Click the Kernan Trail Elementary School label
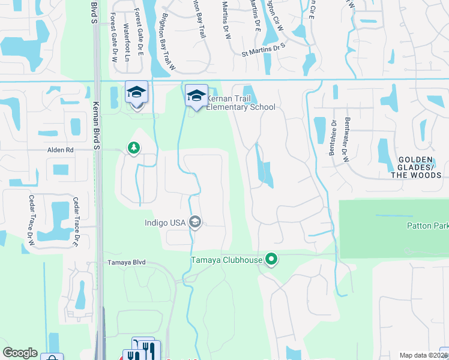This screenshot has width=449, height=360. pos(241,103)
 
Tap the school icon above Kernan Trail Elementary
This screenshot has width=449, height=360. pos(196,95)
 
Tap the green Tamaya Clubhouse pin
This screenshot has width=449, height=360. pos(272,260)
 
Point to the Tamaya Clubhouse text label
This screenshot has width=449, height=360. pos(227,260)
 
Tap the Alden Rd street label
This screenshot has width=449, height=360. pos(61,151)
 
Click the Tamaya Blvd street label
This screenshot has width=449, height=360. pos(126,263)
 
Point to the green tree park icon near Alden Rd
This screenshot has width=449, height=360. pos(133,148)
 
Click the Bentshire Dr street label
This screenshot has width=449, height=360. pos(334,133)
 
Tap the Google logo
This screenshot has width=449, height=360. pos(20,353)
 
